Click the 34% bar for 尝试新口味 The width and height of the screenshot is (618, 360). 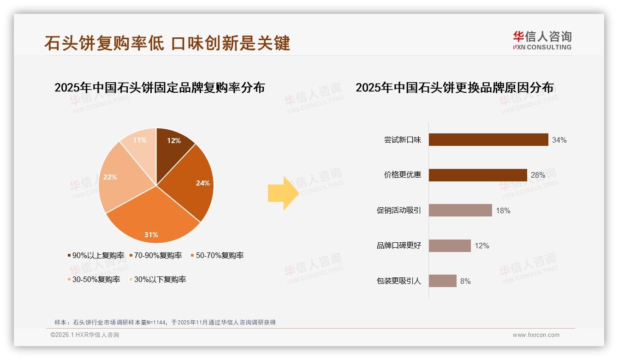point(488,140)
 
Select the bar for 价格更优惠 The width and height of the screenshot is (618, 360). point(478,175)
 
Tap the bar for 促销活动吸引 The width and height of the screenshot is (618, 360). point(460,210)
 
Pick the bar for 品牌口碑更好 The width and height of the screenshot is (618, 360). point(450,246)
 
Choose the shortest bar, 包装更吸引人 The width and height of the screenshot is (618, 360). point(442,281)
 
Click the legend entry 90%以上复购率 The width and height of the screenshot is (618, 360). point(96,255)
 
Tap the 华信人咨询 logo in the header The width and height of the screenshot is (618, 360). point(542,41)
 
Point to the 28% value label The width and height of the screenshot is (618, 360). point(538,175)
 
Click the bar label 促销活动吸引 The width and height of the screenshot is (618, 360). point(399,210)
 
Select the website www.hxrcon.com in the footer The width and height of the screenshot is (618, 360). point(536,335)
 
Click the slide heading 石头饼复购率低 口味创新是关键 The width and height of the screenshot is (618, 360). point(167,43)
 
